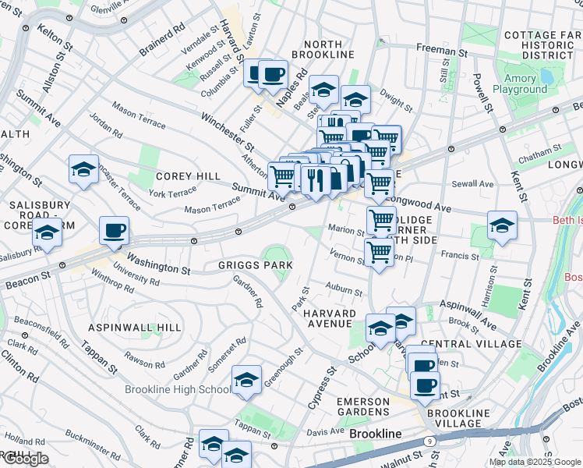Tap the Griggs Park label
point(256,266)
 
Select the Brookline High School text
point(178,389)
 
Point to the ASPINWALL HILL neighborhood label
point(135,328)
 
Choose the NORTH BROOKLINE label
point(323,49)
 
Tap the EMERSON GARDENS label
point(363,406)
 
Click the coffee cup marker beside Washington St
point(115,231)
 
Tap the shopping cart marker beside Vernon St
point(379,253)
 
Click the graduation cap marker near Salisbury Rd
point(48,233)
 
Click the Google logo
point(25,459)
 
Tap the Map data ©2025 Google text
point(535,462)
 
